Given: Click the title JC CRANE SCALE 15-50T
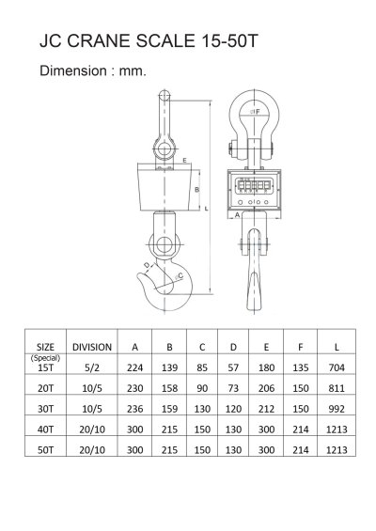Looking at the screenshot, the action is click(149, 41).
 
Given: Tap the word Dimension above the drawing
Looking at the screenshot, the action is click(73, 70).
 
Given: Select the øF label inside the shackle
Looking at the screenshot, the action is click(255, 112).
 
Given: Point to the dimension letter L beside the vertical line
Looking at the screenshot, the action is click(206, 209).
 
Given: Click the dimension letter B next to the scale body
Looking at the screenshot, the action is click(196, 190).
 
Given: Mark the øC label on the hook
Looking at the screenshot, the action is click(180, 276).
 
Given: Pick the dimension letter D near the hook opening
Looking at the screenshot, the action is click(147, 264).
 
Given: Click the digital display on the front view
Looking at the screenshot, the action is click(254, 185).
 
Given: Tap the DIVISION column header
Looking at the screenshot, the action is click(92, 347).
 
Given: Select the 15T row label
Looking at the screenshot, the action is click(45, 367).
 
